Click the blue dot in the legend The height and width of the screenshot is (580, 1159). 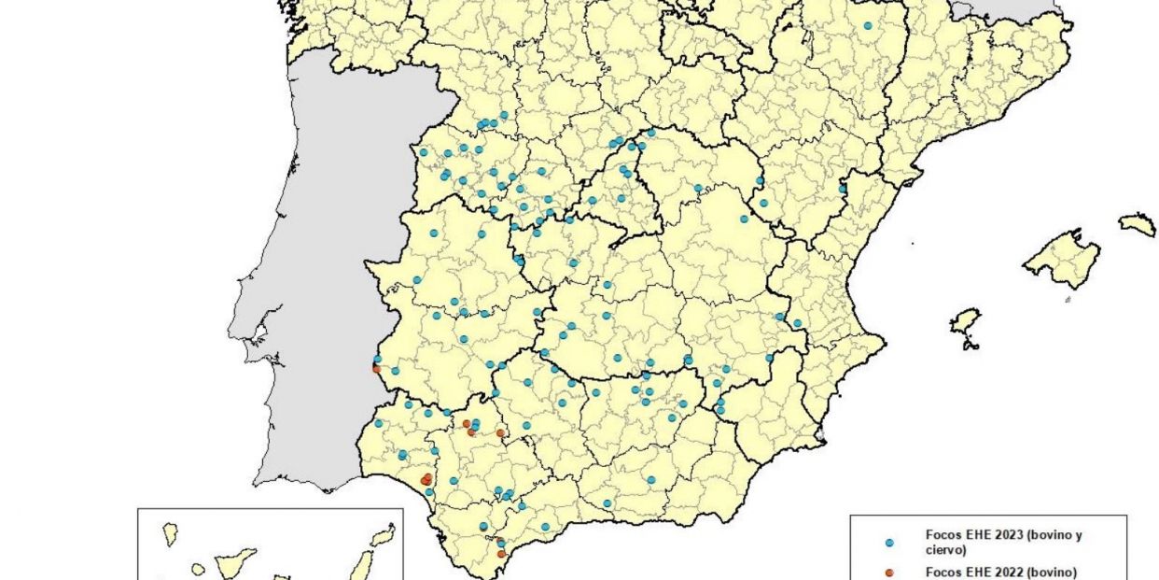point(889,542)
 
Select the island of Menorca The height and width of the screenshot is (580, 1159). point(1138,223)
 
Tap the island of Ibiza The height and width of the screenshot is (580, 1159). point(965,321)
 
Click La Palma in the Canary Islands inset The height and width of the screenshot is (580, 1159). point(171,534)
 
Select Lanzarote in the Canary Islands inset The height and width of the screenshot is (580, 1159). point(382,535)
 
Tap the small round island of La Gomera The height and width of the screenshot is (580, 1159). point(199,569)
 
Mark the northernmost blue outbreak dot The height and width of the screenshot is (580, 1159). point(868,26)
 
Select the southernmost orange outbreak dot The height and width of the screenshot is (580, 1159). point(501,554)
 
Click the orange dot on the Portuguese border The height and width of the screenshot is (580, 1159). point(377,368)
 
